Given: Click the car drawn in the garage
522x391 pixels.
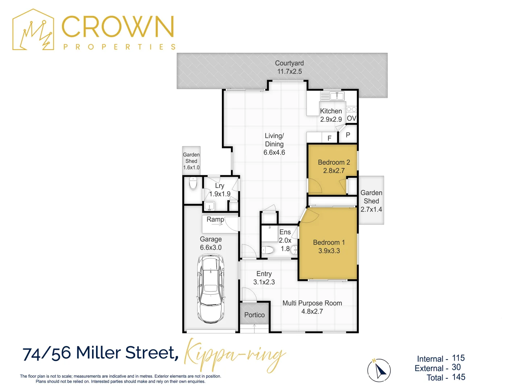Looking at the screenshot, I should (x=211, y=289).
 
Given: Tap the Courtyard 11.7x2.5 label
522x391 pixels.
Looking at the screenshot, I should (x=289, y=67).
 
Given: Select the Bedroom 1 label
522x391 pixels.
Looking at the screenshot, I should (x=329, y=247).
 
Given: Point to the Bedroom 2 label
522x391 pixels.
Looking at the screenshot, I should (x=334, y=167).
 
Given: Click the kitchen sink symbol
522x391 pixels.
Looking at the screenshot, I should (x=337, y=96).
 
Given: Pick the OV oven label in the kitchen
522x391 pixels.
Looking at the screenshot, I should (x=351, y=118).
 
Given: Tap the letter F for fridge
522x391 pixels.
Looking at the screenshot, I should (x=330, y=138).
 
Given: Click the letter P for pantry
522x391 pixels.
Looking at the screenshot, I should (x=348, y=135).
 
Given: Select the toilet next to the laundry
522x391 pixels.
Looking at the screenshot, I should (x=193, y=184).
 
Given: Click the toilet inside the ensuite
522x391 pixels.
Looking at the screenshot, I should (x=268, y=250).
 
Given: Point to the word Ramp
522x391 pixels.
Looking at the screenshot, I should (x=215, y=219).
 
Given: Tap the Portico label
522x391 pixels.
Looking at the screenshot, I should (x=254, y=315).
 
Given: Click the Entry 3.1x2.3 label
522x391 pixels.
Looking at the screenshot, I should (x=264, y=278).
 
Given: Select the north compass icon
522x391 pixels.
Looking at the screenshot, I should (x=379, y=370).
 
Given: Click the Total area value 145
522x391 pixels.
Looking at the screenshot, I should (x=459, y=377).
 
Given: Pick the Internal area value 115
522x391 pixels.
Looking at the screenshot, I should (x=458, y=358).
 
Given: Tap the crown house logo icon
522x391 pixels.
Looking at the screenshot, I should (x=33, y=30).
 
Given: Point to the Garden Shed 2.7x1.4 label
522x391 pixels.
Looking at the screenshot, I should (x=371, y=201).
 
